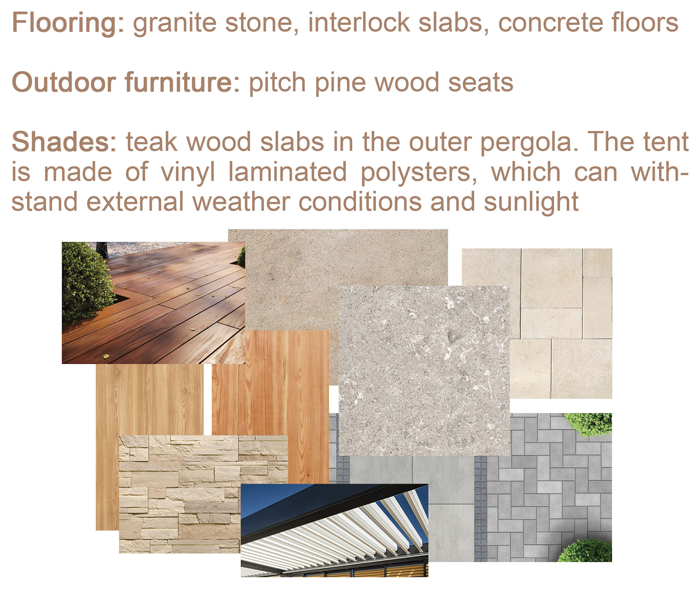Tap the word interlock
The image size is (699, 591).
click(x=359, y=23)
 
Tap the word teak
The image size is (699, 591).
click(x=151, y=141)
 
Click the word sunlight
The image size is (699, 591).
click(x=531, y=203)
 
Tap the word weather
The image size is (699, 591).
click(x=241, y=202)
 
